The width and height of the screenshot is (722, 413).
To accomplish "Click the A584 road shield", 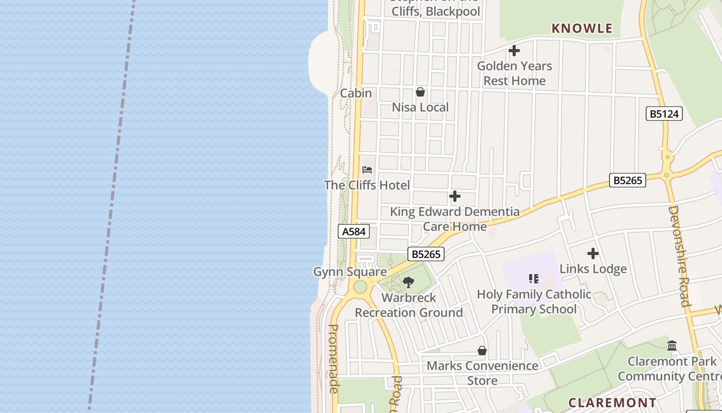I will pyautogui.click(x=354, y=232).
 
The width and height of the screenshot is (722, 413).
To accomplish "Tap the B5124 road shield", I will pyautogui.click(x=664, y=114).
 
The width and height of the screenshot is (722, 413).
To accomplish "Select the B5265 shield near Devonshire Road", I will pyautogui.click(x=628, y=180).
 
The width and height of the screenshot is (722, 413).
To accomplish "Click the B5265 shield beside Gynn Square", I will pyautogui.click(x=426, y=254).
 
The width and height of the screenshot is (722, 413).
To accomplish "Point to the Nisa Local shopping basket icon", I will pyautogui.click(x=420, y=92).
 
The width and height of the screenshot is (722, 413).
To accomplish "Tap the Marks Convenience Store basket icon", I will pyautogui.click(x=482, y=351).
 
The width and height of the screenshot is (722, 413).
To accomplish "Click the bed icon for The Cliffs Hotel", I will pyautogui.click(x=367, y=170).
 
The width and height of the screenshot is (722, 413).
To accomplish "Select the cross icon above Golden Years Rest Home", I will pyautogui.click(x=514, y=51).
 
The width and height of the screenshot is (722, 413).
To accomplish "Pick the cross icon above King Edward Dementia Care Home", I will pyautogui.click(x=454, y=196).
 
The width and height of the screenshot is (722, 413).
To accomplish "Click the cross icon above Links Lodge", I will pyautogui.click(x=593, y=253).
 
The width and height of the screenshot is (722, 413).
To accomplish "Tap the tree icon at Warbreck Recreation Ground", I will pyautogui.click(x=408, y=282).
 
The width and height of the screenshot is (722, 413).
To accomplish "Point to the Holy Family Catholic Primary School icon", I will pyautogui.click(x=534, y=279).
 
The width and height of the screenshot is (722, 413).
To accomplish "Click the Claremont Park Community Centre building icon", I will pyautogui.click(x=672, y=346).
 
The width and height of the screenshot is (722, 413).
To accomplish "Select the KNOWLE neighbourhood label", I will pyautogui.click(x=582, y=28).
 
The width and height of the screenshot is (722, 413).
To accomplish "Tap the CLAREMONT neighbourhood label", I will pyautogui.click(x=613, y=403).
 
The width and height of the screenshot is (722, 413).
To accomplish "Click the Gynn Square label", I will pyautogui.click(x=350, y=272).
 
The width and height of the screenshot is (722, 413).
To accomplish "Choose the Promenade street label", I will pyautogui.click(x=334, y=359).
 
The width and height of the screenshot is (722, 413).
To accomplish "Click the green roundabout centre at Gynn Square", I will pyautogui.click(x=360, y=287).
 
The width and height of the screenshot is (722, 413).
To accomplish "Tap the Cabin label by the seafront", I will pyautogui.click(x=356, y=93).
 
